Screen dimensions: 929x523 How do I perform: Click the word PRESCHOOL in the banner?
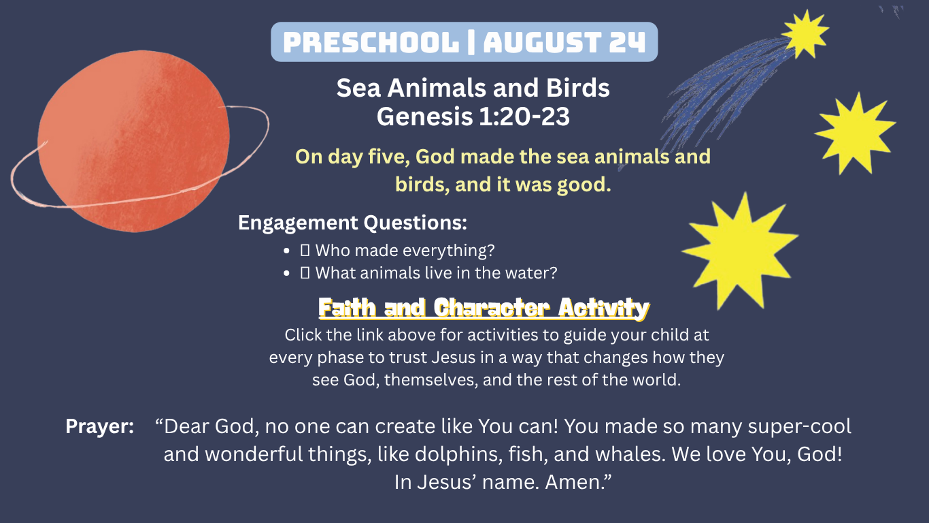pyautogui.click(x=371, y=42)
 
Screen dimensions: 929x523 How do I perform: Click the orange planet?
pyautogui.click(x=133, y=141)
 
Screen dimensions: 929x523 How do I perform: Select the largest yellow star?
pyautogui.click(x=741, y=252)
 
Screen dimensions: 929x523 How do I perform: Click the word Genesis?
pyautogui.click(x=424, y=116)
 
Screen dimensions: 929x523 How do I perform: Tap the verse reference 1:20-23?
pyautogui.click(x=524, y=116)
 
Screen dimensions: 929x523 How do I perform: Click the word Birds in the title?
pyautogui.click(x=577, y=88)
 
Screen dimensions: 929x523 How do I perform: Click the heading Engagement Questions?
pyautogui.click(x=352, y=223)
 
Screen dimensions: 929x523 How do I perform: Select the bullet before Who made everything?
pyautogui.click(x=286, y=251)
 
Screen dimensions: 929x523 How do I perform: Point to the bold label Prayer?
pyautogui.click(x=99, y=426)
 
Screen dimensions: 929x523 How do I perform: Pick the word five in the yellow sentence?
pyautogui.click(x=388, y=157)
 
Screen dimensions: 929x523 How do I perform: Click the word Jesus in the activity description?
pyautogui.click(x=454, y=358)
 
